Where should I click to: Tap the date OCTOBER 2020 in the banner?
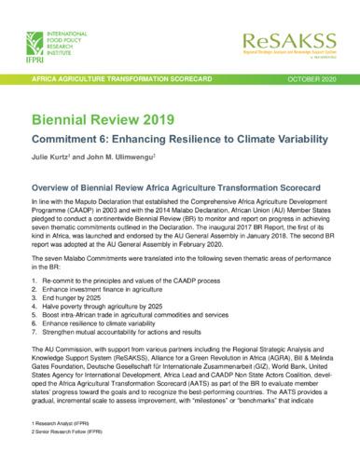click(315, 77)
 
